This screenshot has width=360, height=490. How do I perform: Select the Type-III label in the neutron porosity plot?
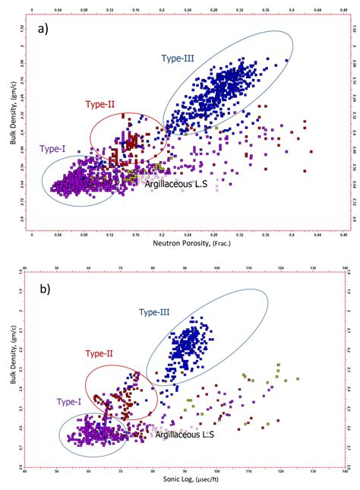[x=178, y=58]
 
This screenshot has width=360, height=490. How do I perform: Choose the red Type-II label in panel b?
[x=99, y=353]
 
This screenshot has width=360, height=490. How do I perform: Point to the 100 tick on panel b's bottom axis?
[x=218, y=470]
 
